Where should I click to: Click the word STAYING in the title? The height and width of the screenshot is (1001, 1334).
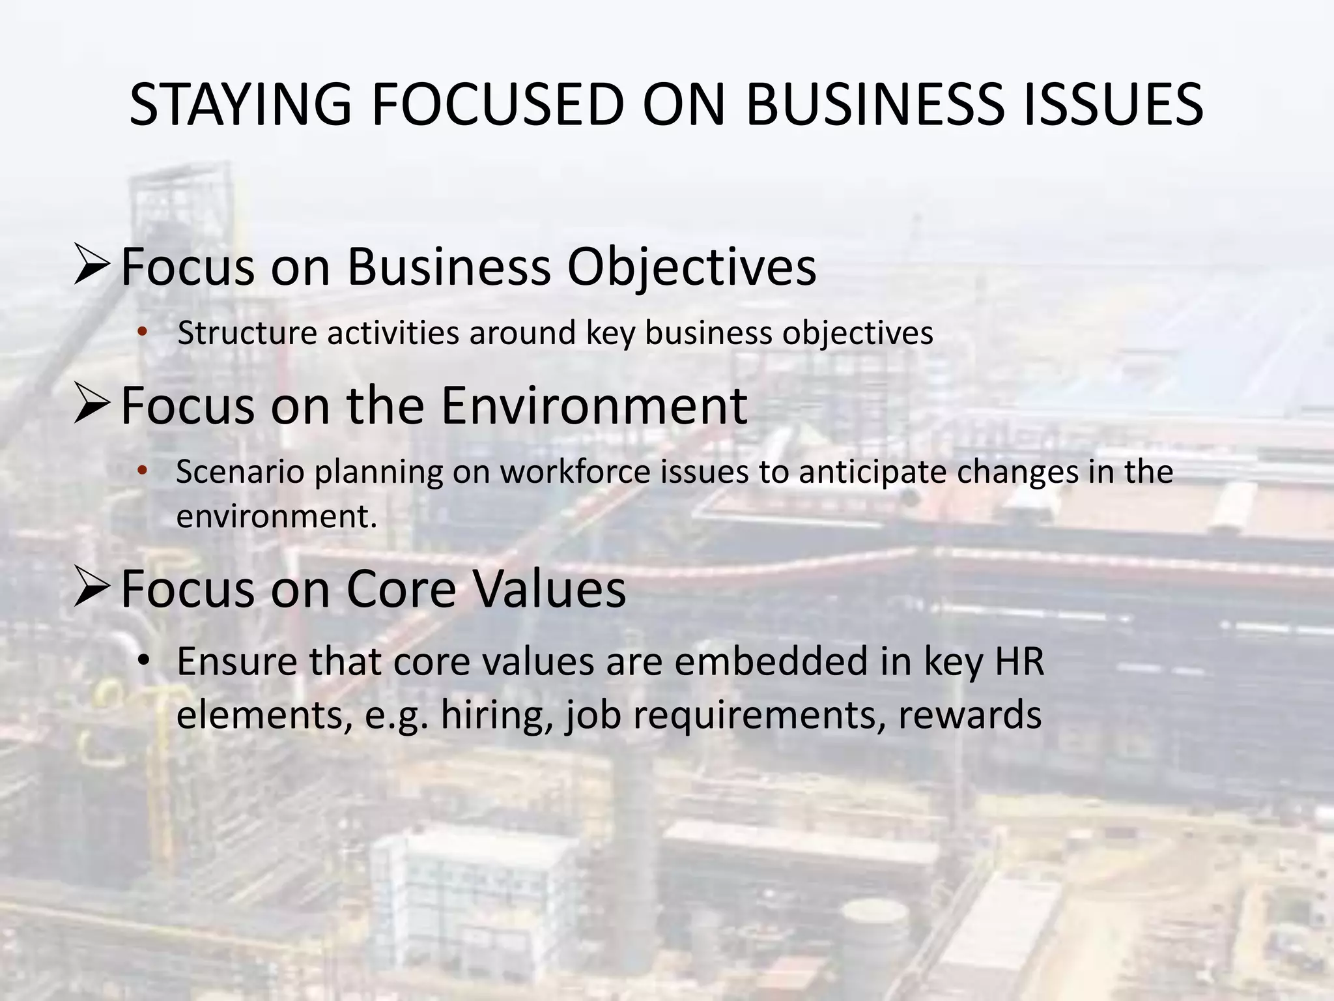240,105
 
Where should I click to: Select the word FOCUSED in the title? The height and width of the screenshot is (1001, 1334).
498,105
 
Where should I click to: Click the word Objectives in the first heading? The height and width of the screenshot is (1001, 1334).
692,267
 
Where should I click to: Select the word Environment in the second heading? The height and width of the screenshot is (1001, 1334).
594,405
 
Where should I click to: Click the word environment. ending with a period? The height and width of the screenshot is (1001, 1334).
277,517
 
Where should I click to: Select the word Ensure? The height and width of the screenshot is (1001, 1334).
237,661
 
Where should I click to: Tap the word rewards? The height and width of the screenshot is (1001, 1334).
969,715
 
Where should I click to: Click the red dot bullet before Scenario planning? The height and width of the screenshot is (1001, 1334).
143,471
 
